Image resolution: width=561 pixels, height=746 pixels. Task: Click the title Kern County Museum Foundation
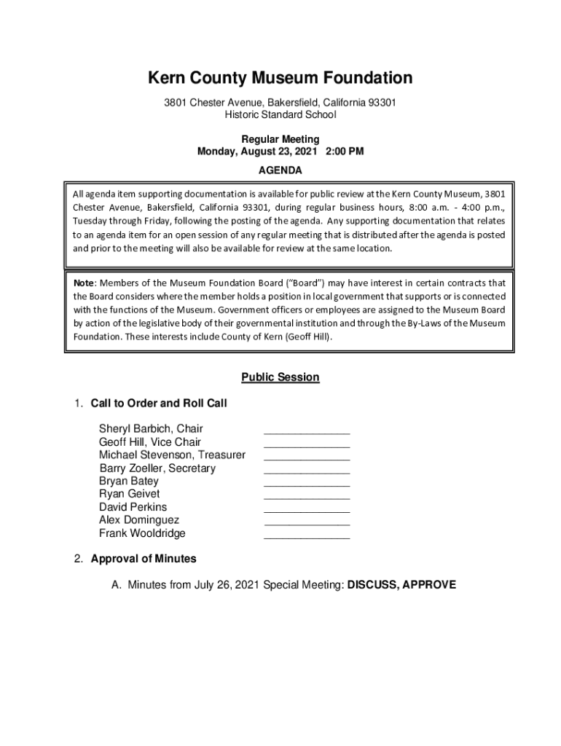coord(280,78)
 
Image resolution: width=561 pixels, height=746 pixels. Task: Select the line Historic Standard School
coord(280,115)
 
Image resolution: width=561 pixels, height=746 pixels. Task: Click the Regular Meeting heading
coord(280,139)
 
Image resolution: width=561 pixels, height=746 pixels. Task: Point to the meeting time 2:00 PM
coord(342,152)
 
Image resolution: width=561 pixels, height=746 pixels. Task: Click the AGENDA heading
coord(280,170)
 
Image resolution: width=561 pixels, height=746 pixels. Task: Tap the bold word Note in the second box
coord(84,283)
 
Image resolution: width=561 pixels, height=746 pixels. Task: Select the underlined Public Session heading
coord(280,377)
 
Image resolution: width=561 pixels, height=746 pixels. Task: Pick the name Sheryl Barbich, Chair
coord(151,429)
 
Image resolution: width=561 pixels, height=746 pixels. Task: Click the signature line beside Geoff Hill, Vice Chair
coord(307,445)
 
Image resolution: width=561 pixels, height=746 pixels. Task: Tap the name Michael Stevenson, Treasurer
coord(172,455)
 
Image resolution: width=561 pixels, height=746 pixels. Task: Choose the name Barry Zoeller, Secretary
coord(157,468)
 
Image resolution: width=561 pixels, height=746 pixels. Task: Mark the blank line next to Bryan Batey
coord(307,484)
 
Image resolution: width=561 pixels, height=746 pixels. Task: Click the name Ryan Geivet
coord(129,495)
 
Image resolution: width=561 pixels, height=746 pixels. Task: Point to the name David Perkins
coord(133,507)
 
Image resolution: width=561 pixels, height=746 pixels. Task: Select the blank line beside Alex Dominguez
coord(307,524)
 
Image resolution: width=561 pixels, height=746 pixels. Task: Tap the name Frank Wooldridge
coord(142,533)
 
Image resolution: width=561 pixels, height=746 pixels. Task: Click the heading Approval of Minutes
coord(144,559)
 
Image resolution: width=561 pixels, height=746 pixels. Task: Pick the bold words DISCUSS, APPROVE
coord(402,585)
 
